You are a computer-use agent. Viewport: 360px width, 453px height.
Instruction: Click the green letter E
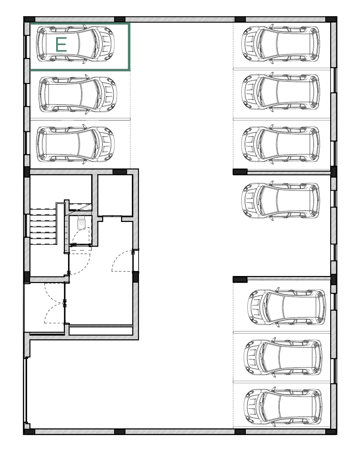(61, 44)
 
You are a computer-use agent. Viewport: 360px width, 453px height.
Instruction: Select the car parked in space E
(75, 44)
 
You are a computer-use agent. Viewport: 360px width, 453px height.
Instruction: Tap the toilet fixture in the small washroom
(81, 224)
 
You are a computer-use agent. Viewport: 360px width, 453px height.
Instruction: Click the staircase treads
(43, 226)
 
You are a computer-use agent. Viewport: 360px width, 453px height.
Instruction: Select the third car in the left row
(75, 144)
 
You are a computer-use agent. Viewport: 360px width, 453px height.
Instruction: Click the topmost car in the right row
(281, 44)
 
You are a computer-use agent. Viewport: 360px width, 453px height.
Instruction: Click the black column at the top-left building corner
(29, 19)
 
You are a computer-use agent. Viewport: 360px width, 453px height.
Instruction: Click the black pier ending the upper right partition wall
(240, 172)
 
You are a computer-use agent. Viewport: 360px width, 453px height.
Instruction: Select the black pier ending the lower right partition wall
(240, 280)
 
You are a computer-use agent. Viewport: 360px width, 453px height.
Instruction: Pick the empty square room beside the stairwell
(115, 195)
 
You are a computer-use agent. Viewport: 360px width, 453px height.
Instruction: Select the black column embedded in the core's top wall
(120, 172)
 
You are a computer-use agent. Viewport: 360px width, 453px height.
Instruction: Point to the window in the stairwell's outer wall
(26, 225)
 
